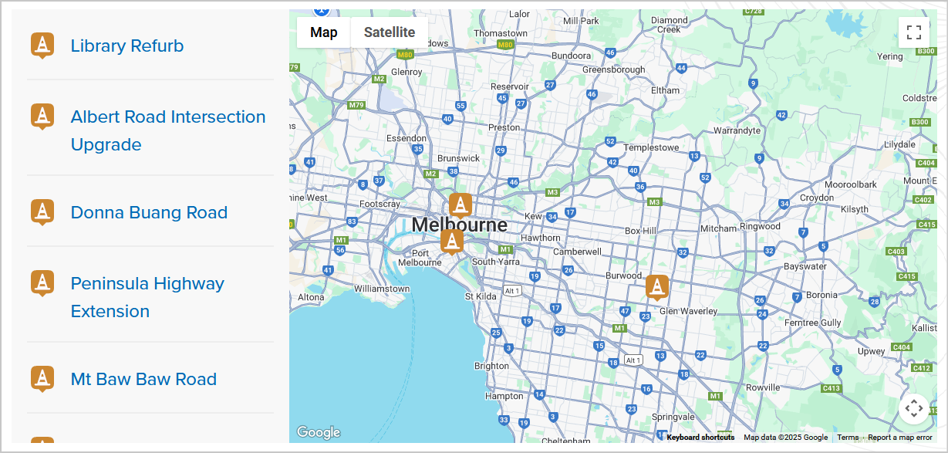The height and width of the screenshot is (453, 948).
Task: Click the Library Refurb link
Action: pos(127,46)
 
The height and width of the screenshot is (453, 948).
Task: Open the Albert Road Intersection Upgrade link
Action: pos(168,130)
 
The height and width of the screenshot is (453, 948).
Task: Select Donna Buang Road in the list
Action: pos(149,213)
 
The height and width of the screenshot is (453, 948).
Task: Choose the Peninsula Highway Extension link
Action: pos(147,297)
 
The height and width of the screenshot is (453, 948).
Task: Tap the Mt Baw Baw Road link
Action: pos(143,380)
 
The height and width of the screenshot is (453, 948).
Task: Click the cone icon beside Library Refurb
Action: pos(42,46)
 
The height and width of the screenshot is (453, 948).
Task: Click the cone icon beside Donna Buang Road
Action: pos(42,212)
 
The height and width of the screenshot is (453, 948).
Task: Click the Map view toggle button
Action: pos(324,32)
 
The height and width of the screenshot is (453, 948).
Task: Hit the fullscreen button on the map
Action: pos(914,32)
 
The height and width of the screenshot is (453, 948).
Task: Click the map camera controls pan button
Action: pos(913,408)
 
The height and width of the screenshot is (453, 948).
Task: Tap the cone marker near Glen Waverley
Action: pos(657,287)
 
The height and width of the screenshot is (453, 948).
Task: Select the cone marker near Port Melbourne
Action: pos(452,241)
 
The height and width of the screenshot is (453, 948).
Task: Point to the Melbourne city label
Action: pos(460,225)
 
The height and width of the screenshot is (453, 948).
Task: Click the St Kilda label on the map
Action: pos(481,296)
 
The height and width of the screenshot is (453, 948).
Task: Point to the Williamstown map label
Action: pos(382,289)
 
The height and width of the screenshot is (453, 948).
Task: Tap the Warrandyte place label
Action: pos(737,130)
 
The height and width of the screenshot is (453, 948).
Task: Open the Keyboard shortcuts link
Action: pos(700,438)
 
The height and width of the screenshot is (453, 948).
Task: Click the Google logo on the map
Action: pos(318,432)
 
